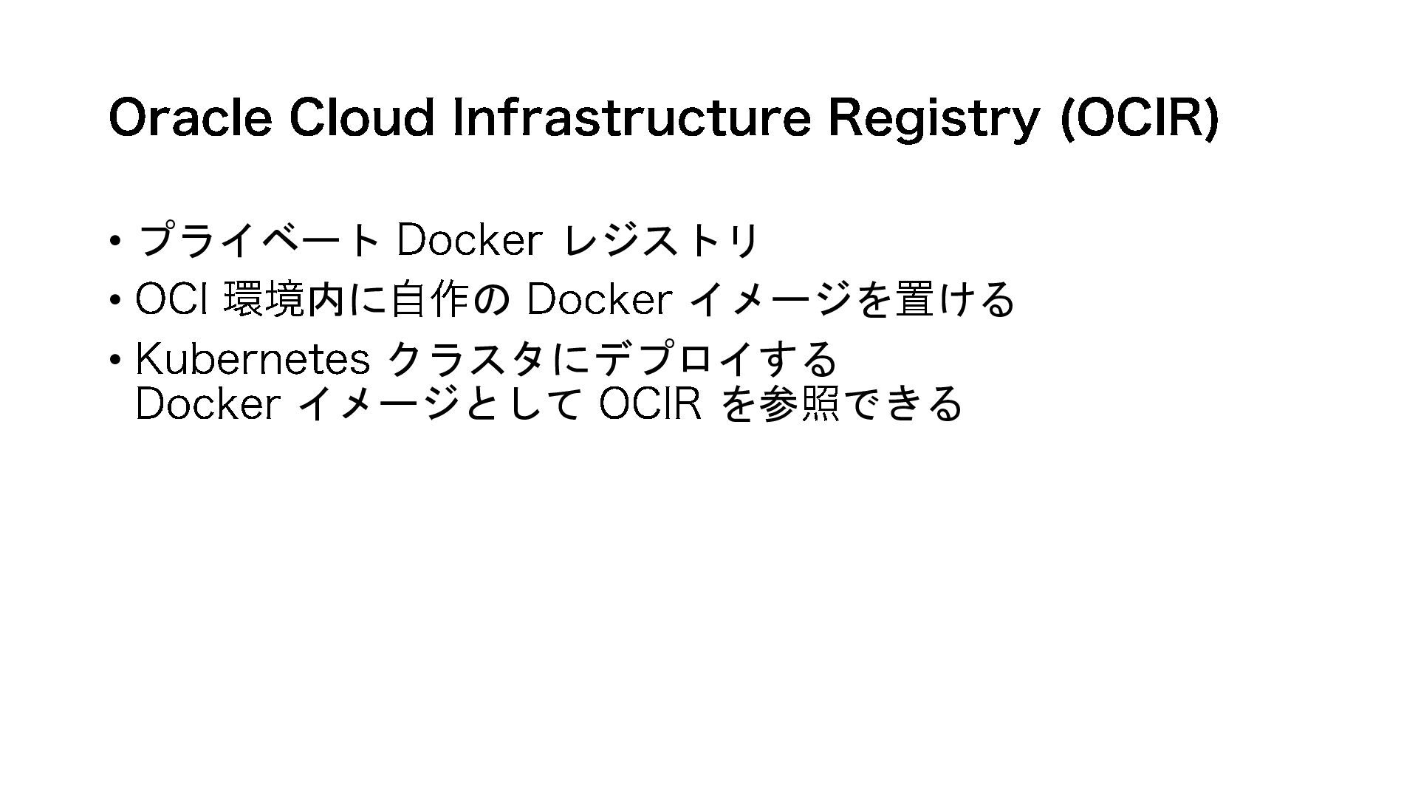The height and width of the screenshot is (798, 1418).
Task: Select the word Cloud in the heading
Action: [360, 117]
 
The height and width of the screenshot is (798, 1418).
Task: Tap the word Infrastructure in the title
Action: [631, 117]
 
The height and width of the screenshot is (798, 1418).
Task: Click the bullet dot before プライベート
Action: [114, 241]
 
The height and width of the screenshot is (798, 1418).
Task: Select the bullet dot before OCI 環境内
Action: [114, 301]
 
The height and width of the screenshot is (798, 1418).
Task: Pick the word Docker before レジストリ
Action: [469, 240]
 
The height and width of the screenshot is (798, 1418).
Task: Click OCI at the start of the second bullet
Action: [171, 299]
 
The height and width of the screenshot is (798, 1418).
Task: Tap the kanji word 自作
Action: [429, 299]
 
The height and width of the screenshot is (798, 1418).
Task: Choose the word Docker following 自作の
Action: [599, 299]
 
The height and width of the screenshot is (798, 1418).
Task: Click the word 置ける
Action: [954, 299]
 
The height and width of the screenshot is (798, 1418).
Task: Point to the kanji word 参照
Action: [799, 404]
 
